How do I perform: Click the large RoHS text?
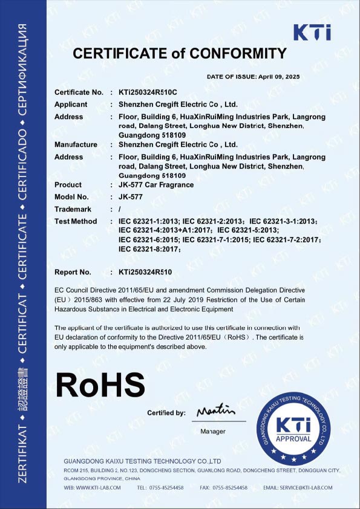click(100, 383)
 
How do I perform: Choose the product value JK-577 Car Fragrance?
click(157, 184)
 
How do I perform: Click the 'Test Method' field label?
click(76, 221)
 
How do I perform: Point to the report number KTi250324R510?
click(145, 272)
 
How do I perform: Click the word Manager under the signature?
click(212, 431)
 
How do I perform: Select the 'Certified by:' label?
click(166, 413)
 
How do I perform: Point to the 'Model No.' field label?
click(71, 196)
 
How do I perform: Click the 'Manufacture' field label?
click(76, 144)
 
